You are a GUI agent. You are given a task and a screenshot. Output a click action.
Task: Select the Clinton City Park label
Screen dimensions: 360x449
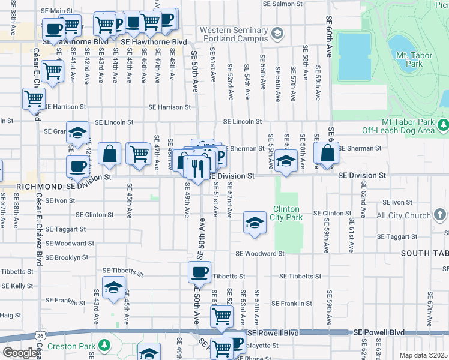click(x=287, y=213)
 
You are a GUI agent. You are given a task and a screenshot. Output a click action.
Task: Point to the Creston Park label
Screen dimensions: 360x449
click(x=73, y=346)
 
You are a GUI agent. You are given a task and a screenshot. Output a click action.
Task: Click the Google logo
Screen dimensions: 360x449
click(x=20, y=353)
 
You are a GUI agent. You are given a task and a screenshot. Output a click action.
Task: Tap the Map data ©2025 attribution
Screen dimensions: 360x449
click(x=423, y=355)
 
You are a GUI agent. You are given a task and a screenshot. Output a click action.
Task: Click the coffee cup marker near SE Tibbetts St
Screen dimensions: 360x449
click(x=200, y=272)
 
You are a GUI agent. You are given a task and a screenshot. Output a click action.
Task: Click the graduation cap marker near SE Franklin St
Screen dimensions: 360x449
click(x=113, y=287)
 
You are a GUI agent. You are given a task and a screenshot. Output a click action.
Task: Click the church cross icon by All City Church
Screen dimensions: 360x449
click(x=440, y=214)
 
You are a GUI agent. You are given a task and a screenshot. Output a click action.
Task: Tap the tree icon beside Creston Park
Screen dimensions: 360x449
click(x=105, y=346)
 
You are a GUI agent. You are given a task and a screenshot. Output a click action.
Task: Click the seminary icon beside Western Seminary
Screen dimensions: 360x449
click(x=277, y=33)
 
